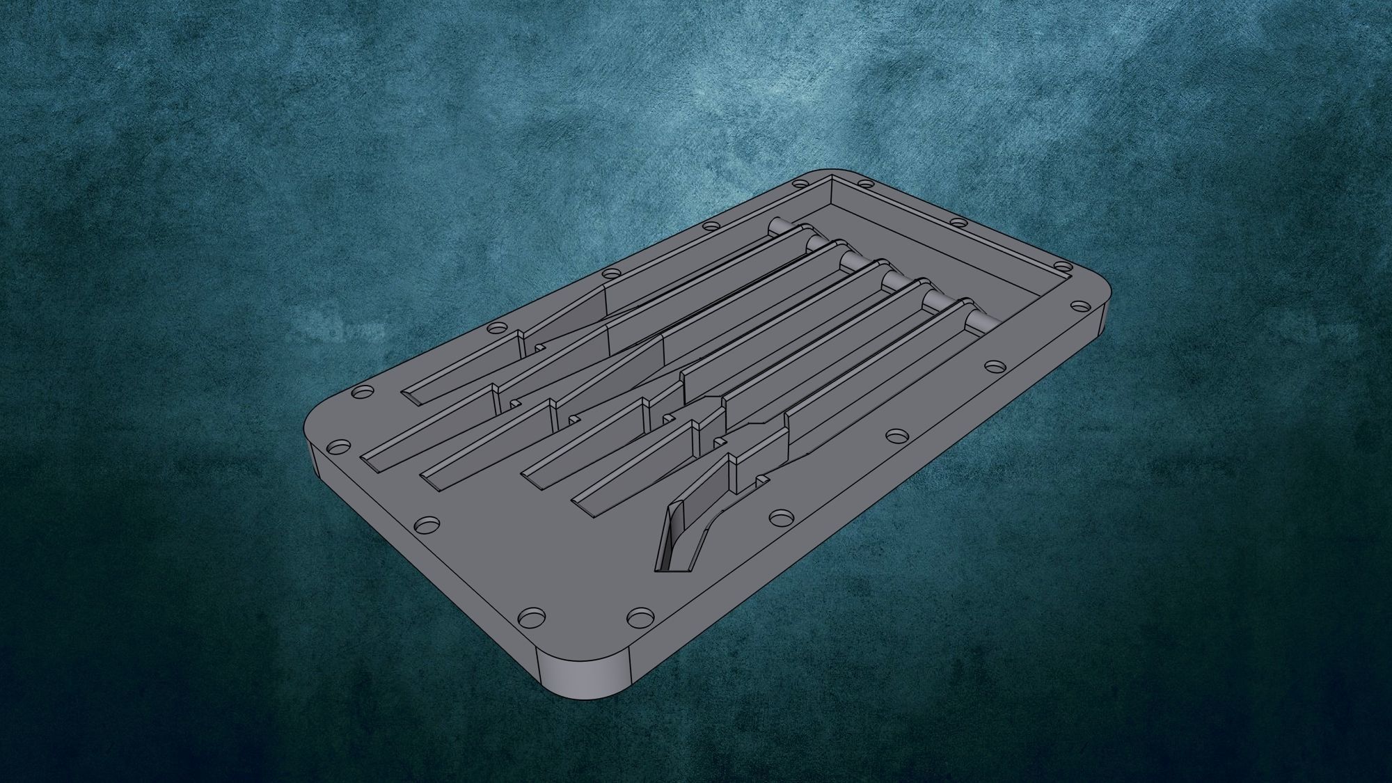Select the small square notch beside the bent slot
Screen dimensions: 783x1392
[762, 480]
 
